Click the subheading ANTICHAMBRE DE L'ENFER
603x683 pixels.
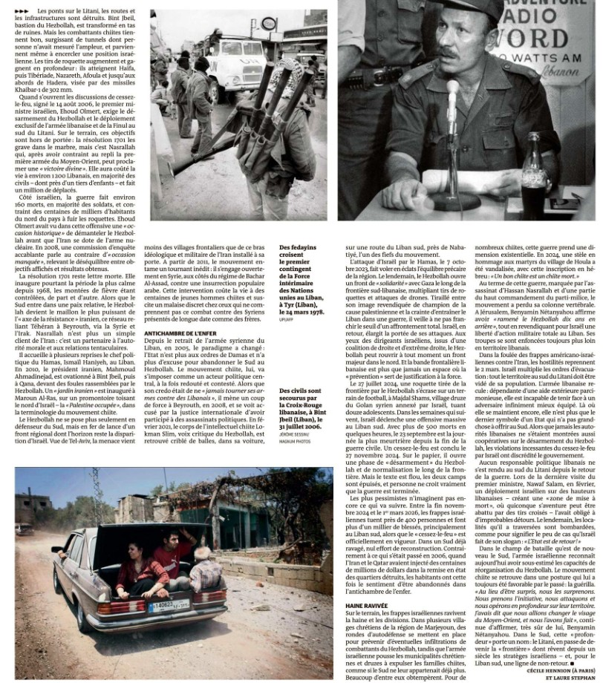(180, 333)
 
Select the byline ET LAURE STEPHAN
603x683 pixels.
(571, 676)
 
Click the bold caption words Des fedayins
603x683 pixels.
(297, 247)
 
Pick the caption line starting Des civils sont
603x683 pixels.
(300, 390)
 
